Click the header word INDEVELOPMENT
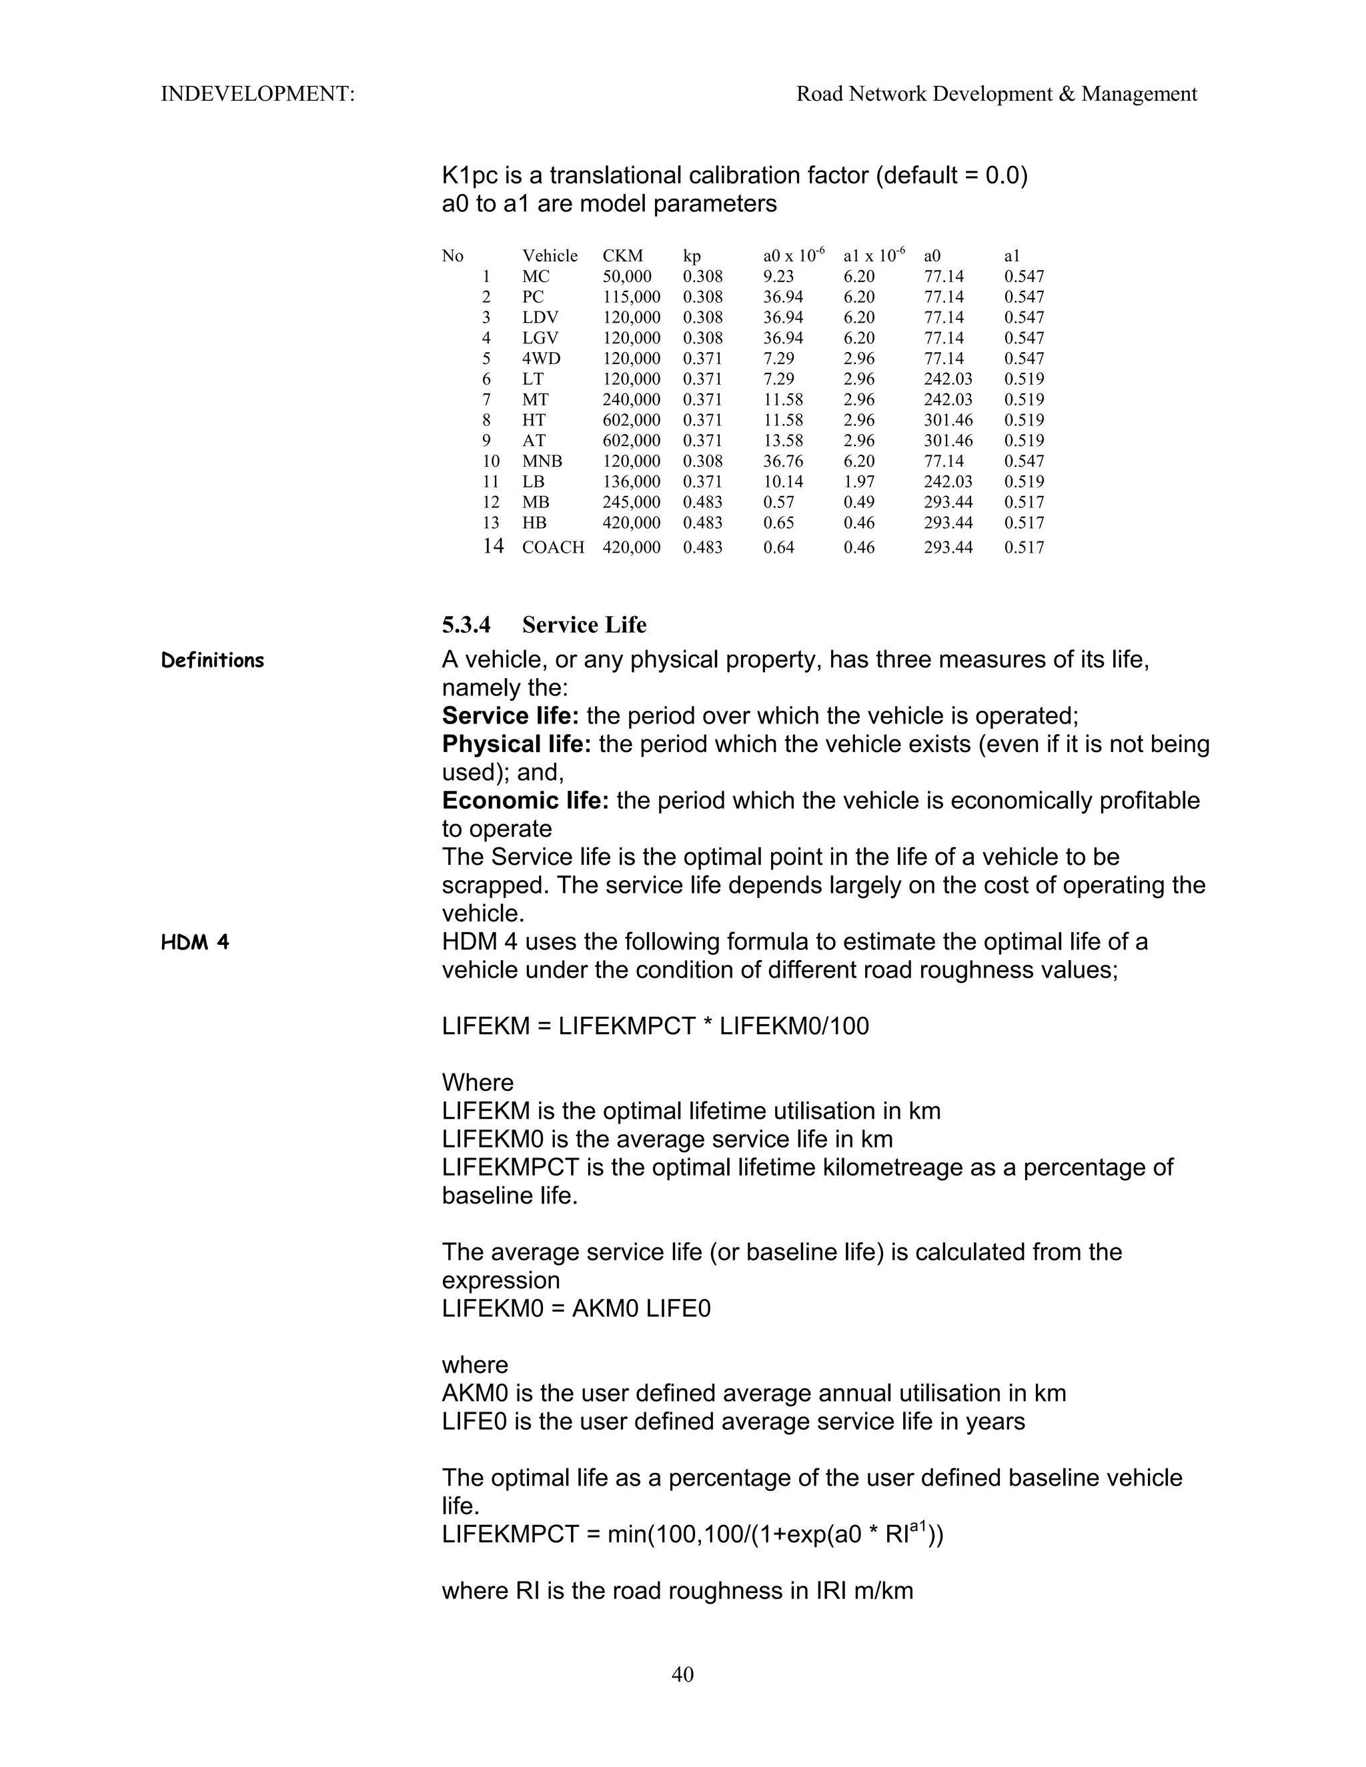(x=257, y=94)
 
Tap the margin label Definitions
(x=213, y=660)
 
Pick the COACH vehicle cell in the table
(x=553, y=547)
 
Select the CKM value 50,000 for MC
(x=626, y=277)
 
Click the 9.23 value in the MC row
(x=778, y=277)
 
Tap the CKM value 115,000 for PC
(x=631, y=297)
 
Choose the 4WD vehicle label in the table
(x=542, y=359)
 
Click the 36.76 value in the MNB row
(x=782, y=461)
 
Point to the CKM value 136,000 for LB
(x=631, y=482)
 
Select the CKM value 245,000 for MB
(x=631, y=503)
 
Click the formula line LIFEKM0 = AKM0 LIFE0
(x=576, y=1309)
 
